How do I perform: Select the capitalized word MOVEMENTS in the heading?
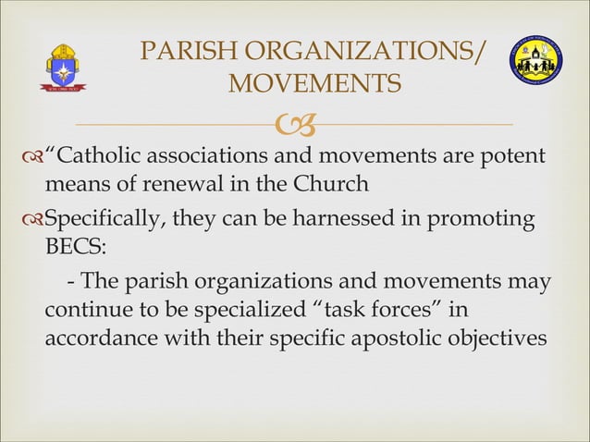pyautogui.click(x=313, y=84)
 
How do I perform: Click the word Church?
pyautogui.click(x=330, y=184)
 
